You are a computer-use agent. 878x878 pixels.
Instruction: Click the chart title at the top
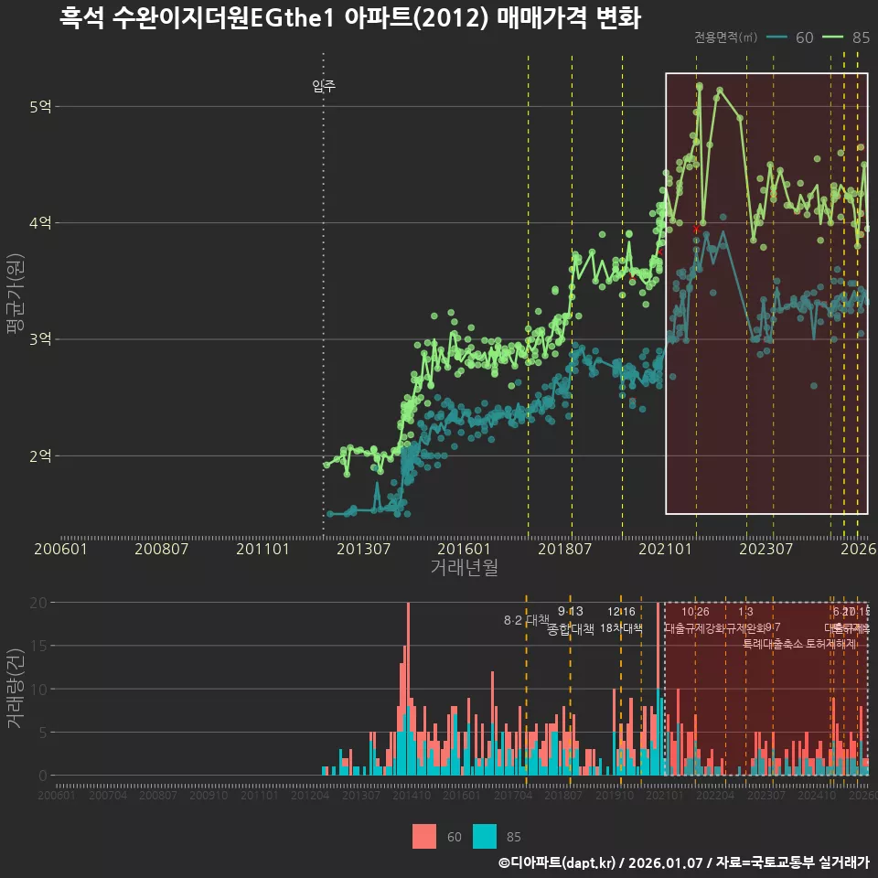click(349, 18)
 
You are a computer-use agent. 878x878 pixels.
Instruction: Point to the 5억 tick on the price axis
click(40, 107)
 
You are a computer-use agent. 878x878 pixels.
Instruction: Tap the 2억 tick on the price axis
click(40, 455)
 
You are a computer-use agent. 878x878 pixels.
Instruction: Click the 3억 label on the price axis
click(40, 339)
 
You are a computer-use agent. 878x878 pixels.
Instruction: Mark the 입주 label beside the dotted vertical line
click(324, 87)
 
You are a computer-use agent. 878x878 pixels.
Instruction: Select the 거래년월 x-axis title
click(464, 567)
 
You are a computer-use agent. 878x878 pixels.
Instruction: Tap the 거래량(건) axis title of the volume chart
click(14, 689)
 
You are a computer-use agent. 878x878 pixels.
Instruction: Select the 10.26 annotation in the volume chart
click(695, 612)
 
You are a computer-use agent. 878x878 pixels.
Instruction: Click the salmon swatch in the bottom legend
click(424, 836)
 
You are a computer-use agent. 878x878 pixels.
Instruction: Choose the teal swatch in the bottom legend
click(486, 836)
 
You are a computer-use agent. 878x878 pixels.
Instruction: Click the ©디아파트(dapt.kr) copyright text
click(558, 862)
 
